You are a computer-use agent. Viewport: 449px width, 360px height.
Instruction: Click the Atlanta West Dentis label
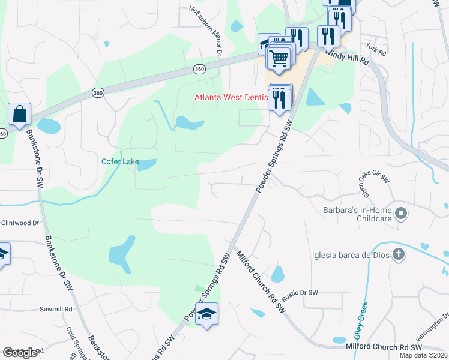pyautogui.click(x=232, y=98)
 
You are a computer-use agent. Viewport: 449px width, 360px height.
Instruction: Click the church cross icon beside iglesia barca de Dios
pyautogui.click(x=398, y=254)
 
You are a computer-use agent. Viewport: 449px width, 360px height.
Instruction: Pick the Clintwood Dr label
pyautogui.click(x=19, y=223)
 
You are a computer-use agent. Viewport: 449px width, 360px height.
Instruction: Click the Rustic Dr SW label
pyautogui.click(x=300, y=293)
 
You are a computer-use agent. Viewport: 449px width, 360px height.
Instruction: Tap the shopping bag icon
pyautogui.click(x=20, y=113)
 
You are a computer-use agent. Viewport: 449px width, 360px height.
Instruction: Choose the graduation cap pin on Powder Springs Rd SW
pyautogui.click(x=206, y=314)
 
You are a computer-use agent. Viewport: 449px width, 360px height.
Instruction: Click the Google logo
pyautogui.click(x=20, y=352)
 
